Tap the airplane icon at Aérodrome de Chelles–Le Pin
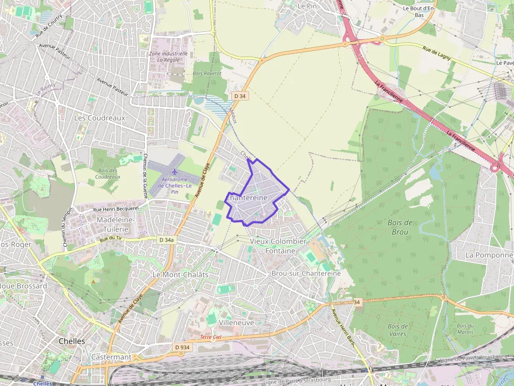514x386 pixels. [x=175, y=172]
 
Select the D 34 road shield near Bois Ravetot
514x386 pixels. [x=240, y=96]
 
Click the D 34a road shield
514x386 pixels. [x=166, y=240]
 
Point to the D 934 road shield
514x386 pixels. [x=182, y=347]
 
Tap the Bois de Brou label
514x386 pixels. [x=400, y=227]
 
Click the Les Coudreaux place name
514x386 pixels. [x=100, y=118]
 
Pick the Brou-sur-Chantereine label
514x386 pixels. [x=306, y=273]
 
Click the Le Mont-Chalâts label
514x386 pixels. [x=180, y=274]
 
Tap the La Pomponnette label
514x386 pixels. [x=489, y=255]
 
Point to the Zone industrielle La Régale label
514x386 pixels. [x=168, y=57]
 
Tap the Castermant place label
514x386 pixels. [x=111, y=357]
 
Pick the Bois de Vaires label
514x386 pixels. [x=398, y=330]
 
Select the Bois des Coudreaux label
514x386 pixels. [x=108, y=173]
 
